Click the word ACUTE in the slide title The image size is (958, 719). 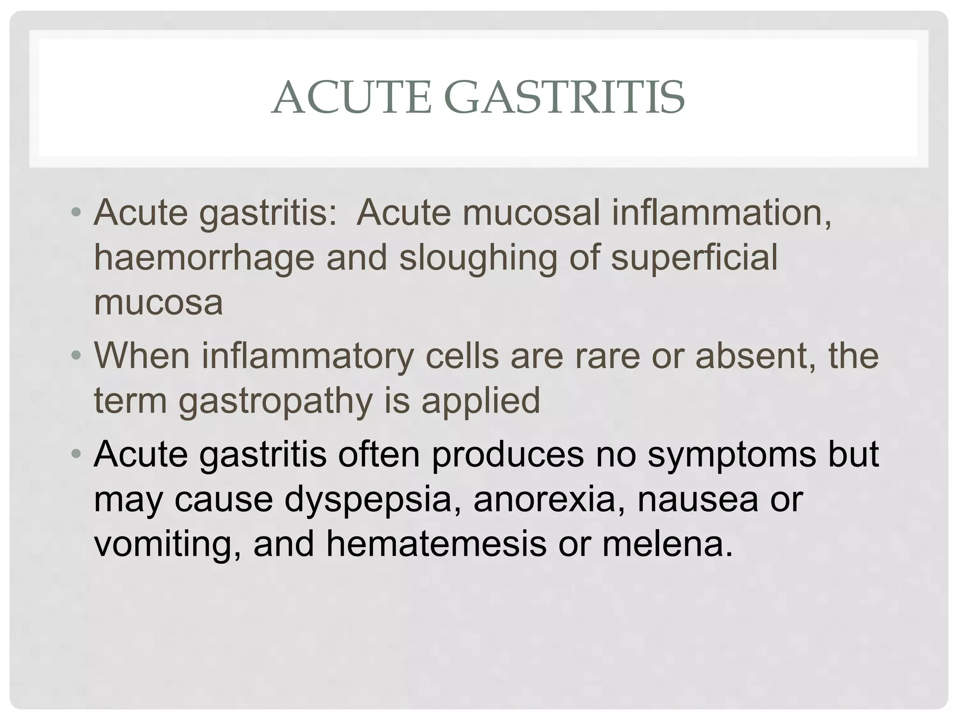point(351,98)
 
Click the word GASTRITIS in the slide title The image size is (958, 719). point(564,98)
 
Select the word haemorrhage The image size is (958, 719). point(204,258)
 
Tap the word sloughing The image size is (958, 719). point(478,258)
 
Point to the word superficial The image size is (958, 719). point(694,258)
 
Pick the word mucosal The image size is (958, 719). point(531,213)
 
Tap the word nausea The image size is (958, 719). point(697,499)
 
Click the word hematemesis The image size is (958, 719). point(436,544)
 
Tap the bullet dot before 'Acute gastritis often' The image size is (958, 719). point(76,454)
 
